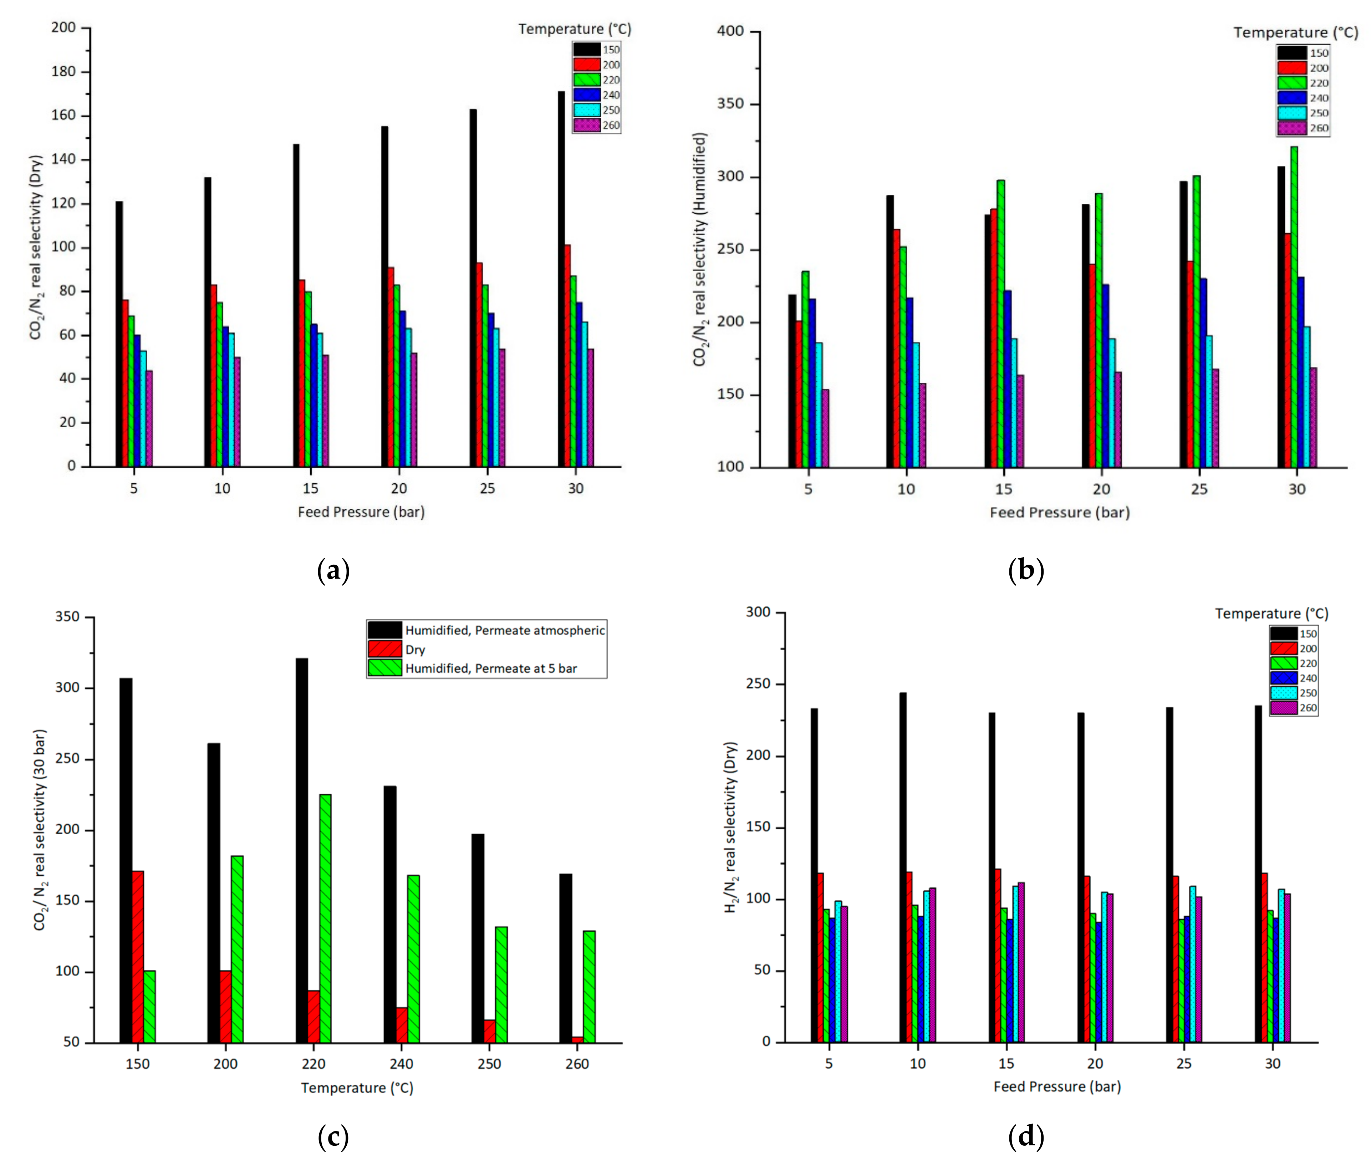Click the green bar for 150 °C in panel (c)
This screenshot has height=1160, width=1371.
[149, 1006]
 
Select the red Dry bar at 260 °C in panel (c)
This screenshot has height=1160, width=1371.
[577, 1040]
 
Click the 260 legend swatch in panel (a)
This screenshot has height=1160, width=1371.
[586, 125]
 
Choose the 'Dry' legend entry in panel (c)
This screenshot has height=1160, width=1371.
[415, 650]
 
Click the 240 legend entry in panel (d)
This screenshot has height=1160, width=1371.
[1308, 678]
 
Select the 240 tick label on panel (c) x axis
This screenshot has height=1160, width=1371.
[401, 1064]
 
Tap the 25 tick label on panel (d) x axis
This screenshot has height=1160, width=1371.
[1184, 1063]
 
